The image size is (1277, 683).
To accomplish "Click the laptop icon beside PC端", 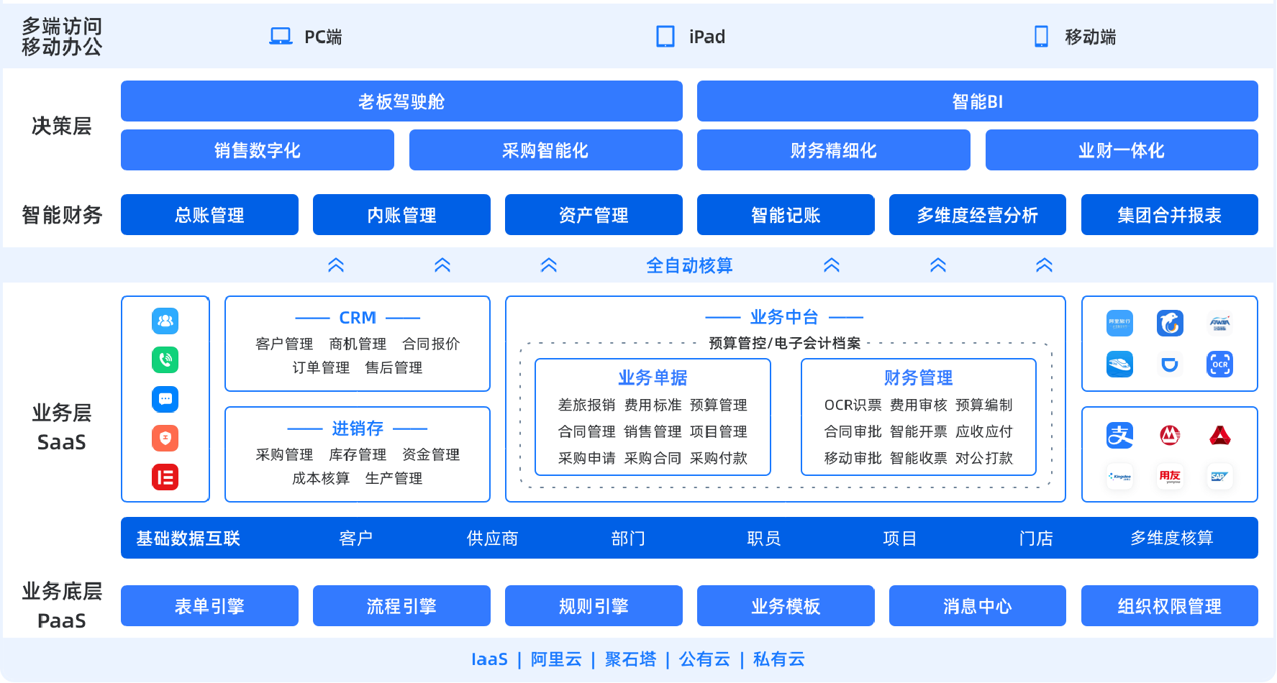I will [281, 36].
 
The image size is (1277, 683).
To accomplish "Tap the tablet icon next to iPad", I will [665, 36].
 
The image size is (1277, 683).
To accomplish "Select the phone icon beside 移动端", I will [1041, 36].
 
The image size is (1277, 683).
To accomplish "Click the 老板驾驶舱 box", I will [401, 101].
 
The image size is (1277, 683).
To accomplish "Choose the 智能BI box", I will [977, 101].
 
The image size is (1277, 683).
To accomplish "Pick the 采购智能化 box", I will [545, 150].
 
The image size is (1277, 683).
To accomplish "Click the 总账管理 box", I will [209, 215].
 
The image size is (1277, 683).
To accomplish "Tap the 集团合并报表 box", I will [1169, 215].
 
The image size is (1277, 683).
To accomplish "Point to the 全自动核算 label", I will [689, 265].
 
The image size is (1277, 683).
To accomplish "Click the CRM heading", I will [358, 318].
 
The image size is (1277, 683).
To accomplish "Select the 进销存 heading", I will [358, 428].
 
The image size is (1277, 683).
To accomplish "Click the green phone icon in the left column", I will [165, 359].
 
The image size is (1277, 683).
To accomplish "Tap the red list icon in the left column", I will [165, 477].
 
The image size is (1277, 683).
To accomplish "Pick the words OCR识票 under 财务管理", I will [853, 405].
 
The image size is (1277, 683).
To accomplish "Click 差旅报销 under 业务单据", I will [586, 405].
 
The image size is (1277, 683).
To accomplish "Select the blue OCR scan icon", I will [1219, 365].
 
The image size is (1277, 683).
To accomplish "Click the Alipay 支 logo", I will [1119, 435].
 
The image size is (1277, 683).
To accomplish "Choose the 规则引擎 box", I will [594, 606].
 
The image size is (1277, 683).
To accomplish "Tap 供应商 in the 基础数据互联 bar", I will [492, 538].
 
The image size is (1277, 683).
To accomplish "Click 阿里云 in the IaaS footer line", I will [556, 659].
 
